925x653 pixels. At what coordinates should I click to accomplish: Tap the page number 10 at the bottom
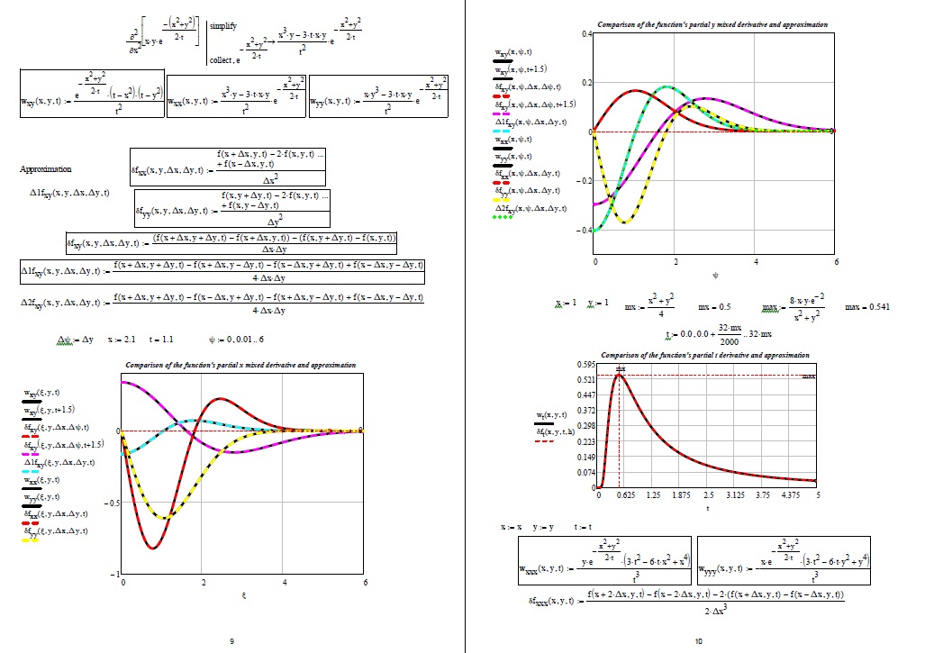click(x=699, y=640)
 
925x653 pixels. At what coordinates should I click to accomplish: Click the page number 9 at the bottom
click(x=231, y=640)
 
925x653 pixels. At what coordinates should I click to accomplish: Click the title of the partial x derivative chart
click(x=240, y=365)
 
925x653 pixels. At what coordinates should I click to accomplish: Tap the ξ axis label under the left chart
click(x=244, y=595)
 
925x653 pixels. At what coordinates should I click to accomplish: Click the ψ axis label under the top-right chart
click(x=715, y=276)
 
